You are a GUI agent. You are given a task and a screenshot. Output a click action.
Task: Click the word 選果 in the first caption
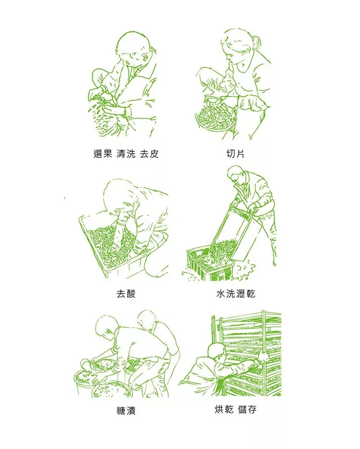102,154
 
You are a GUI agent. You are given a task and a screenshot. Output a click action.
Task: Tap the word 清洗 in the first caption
126,154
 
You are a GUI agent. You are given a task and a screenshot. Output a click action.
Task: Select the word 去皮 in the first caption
149,154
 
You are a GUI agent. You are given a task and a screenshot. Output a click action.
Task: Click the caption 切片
235,154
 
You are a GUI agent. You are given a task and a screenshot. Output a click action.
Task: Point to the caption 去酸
126,294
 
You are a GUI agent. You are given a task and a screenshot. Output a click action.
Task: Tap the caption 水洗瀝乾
235,294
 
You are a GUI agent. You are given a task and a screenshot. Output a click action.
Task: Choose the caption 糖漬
126,410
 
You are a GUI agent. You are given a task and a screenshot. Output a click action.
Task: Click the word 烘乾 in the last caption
224,409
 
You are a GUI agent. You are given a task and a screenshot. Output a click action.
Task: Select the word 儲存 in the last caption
247,409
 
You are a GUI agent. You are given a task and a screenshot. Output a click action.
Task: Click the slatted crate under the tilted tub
210,265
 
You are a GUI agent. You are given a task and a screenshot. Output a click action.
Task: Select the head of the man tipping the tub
236,175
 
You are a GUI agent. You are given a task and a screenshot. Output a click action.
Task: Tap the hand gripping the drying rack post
263,357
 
